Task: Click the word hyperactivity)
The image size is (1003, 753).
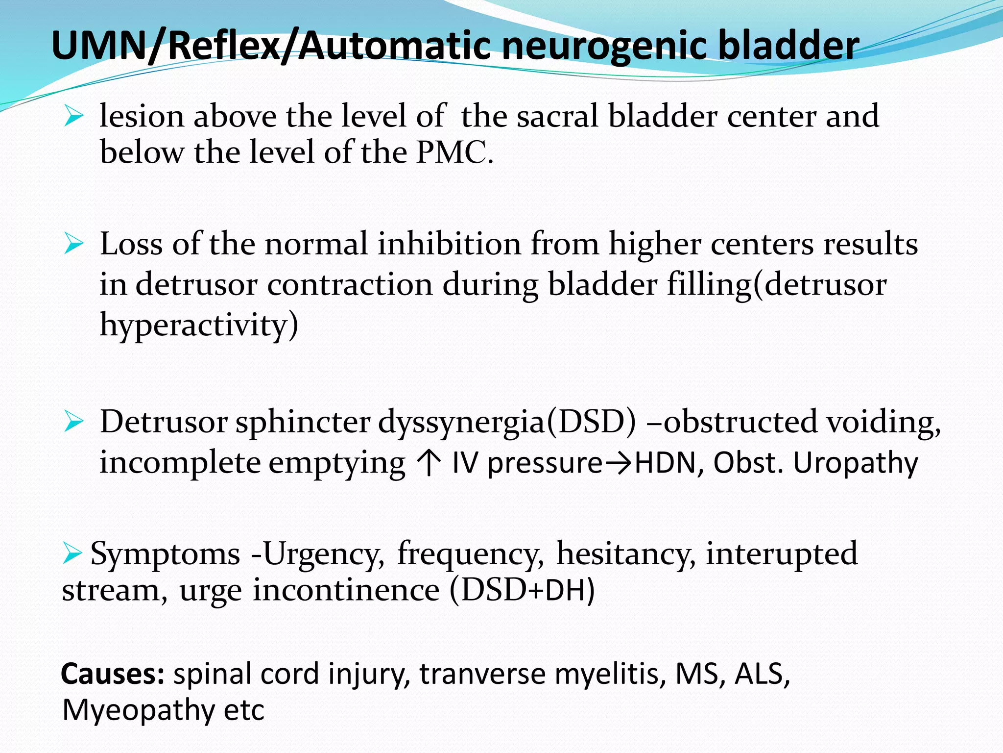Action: click(198, 325)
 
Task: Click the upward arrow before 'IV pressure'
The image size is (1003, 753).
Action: click(428, 462)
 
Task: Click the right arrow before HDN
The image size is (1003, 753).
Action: click(619, 462)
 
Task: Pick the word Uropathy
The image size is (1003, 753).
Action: click(855, 462)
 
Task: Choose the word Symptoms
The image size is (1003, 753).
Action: click(165, 554)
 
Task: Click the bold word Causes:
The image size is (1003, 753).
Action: click(112, 674)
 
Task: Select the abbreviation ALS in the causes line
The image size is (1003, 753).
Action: click(762, 674)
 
